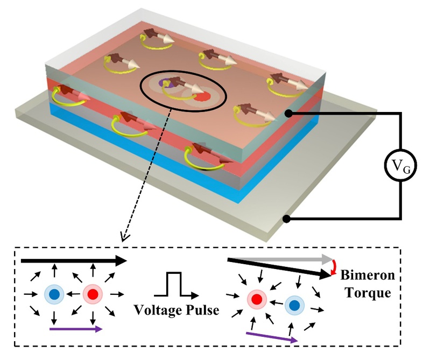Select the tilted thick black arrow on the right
280,267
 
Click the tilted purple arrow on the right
272,336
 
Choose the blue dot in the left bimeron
53,294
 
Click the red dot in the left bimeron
92,294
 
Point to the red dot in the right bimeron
257,299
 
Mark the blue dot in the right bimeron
294,306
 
